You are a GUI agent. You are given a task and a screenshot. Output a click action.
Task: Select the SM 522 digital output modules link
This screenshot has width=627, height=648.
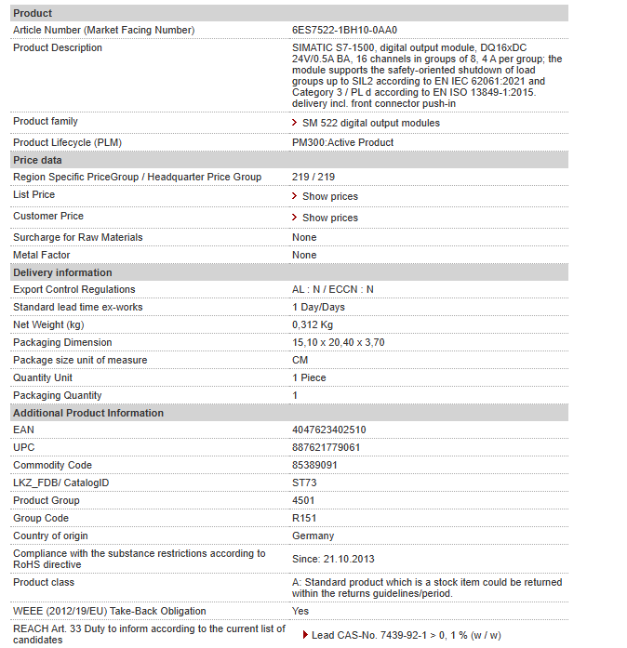click(370, 123)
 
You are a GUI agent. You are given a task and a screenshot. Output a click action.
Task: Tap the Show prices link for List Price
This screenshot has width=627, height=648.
click(329, 196)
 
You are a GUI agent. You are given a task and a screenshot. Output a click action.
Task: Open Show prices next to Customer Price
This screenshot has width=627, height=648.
click(329, 218)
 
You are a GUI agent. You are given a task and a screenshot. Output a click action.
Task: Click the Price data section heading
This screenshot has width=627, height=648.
click(37, 160)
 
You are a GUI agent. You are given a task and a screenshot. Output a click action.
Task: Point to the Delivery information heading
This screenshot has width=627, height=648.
click(62, 272)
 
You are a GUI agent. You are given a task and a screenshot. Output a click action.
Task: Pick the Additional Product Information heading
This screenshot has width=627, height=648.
click(88, 413)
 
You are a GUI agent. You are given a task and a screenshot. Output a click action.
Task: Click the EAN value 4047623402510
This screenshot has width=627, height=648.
click(329, 430)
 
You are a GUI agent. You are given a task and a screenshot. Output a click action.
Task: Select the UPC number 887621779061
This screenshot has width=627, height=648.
click(327, 448)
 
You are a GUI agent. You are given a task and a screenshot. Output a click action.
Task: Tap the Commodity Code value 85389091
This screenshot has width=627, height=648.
click(315, 466)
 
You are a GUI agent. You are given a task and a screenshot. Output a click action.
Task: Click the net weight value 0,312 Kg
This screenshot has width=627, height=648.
click(313, 325)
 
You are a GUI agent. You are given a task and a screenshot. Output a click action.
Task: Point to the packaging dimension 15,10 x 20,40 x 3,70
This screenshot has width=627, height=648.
click(339, 343)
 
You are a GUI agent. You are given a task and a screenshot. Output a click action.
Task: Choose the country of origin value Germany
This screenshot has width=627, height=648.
click(313, 536)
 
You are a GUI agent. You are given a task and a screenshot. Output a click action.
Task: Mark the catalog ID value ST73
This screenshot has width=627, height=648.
click(304, 483)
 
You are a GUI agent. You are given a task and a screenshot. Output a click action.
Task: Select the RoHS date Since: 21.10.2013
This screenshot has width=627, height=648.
click(333, 558)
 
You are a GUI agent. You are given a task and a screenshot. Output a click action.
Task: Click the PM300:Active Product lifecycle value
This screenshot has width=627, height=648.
click(342, 142)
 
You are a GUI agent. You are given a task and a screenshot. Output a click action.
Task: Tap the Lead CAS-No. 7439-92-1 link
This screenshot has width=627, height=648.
click(406, 636)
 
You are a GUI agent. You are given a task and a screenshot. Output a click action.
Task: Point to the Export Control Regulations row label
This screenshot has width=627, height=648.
click(74, 290)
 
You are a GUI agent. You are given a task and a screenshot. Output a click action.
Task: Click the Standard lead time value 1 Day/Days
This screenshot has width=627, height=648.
click(318, 308)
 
